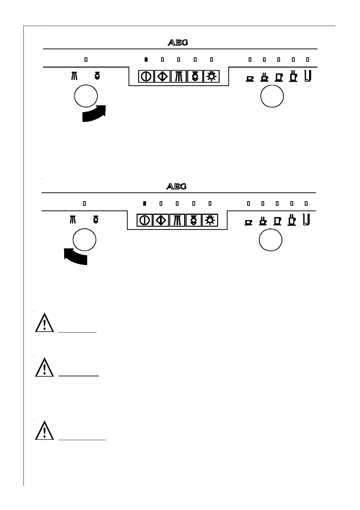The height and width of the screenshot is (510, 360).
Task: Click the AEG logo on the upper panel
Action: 178,43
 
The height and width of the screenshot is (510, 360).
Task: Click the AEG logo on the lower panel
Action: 176,186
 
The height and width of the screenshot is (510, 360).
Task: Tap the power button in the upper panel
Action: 146,76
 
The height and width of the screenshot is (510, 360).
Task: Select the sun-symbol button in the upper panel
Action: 211,76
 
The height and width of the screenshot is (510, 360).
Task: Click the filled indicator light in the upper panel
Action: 146,59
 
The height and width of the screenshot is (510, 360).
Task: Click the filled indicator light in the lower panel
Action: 145,203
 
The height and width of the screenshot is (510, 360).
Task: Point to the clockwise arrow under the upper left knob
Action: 94,114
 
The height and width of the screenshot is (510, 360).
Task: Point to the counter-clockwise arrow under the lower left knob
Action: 75,257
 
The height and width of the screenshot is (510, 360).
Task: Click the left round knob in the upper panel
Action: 86,96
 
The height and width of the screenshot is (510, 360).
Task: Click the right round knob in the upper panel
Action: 272,96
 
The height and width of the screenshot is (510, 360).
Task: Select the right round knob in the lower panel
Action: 271,240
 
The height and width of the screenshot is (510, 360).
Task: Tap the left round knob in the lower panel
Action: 85,240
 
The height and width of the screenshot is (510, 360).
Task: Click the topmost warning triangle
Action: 45,323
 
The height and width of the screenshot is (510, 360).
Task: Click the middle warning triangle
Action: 45,367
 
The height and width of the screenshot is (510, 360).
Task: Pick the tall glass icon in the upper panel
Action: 308,76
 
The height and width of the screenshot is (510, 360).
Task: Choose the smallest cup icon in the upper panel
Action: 250,79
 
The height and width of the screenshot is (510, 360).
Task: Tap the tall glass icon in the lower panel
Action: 306,220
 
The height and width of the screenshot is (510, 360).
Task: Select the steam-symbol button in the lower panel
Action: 177,220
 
